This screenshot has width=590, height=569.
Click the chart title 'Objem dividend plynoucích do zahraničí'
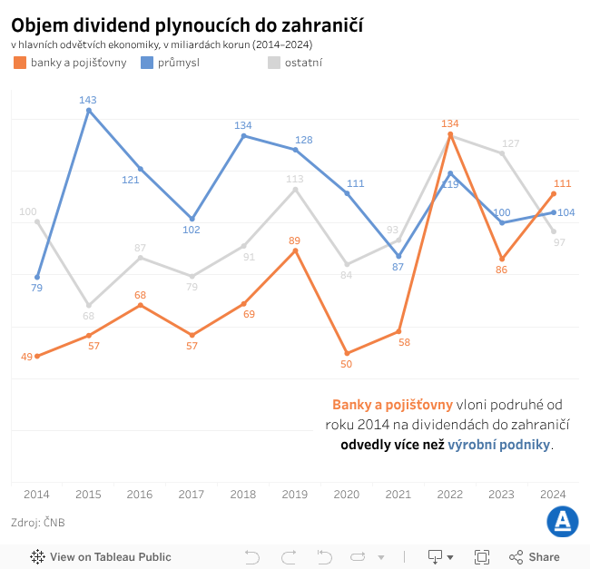click(187, 25)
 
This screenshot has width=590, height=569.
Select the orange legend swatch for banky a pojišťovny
click(20, 63)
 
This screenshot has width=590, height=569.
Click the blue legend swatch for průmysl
click(147, 63)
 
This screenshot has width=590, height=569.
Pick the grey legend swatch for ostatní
click(274, 63)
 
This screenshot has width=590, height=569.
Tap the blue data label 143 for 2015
click(88, 100)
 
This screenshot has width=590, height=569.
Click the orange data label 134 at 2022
click(450, 123)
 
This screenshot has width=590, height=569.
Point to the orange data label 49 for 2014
click(27, 357)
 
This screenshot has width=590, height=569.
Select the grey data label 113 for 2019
click(295, 179)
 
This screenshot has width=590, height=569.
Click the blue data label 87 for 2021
click(398, 268)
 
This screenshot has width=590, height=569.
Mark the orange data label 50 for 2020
click(346, 364)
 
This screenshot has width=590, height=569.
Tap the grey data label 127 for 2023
click(511, 143)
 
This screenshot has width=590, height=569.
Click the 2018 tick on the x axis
click(243, 494)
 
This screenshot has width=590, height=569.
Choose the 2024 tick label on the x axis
click(553, 494)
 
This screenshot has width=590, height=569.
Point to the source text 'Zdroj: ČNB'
click(38, 523)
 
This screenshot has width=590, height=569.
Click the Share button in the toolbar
click(535, 557)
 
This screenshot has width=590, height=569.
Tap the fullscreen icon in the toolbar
click(482, 557)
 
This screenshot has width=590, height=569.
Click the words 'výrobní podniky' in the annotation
click(498, 446)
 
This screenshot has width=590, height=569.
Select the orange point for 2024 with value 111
click(554, 193)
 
